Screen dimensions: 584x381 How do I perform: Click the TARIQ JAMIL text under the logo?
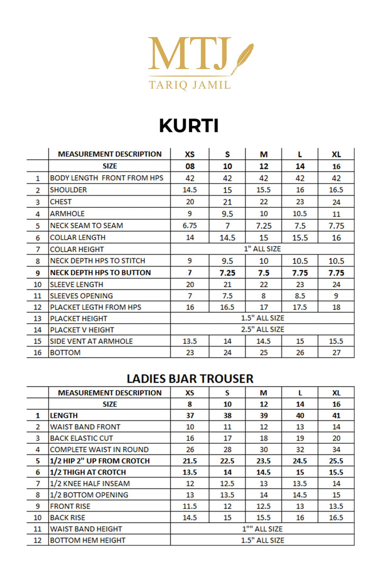tap(189, 84)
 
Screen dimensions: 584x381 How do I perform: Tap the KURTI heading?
tap(189, 126)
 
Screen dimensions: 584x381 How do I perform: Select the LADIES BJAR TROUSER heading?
tap(190, 378)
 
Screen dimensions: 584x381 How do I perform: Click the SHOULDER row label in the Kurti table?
tap(68, 190)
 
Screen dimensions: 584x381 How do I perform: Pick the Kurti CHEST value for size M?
tap(264, 202)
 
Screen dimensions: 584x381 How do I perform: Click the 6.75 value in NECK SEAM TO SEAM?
tap(189, 225)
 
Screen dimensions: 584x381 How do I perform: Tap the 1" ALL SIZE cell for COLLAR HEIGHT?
tap(262, 249)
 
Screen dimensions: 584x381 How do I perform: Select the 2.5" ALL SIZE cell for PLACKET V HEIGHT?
tap(262, 329)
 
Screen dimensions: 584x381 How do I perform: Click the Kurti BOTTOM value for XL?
tap(336, 353)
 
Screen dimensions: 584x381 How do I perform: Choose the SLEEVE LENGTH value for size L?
tap(300, 284)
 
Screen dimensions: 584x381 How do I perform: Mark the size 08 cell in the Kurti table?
tap(189, 166)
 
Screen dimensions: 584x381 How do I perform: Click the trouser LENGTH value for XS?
tap(189, 416)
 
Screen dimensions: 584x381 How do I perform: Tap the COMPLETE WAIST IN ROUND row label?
tap(99, 450)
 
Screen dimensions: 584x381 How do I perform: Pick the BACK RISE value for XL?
tap(336, 517)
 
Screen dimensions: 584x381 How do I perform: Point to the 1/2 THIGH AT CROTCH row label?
tap(88, 472)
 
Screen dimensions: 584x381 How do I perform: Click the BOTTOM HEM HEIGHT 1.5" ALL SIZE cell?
tap(262, 540)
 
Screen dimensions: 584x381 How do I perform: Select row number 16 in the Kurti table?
tap(38, 353)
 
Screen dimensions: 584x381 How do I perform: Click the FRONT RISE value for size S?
tap(228, 506)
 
